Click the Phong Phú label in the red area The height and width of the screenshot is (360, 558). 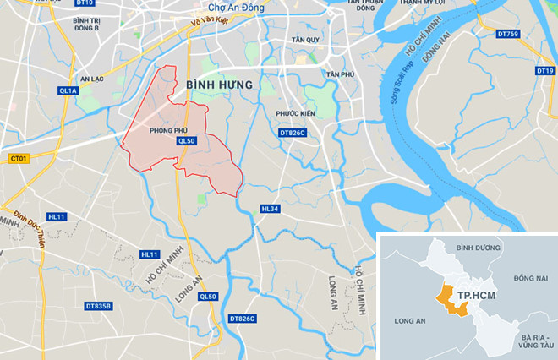point(167,131)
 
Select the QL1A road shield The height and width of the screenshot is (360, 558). point(68,89)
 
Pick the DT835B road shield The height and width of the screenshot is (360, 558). point(99,305)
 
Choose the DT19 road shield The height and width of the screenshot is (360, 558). point(544,71)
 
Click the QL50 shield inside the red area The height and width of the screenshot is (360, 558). point(187,141)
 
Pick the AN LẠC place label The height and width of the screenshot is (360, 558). point(90,79)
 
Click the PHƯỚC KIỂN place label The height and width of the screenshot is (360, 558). point(295,112)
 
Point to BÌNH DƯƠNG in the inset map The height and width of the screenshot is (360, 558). point(479,248)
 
